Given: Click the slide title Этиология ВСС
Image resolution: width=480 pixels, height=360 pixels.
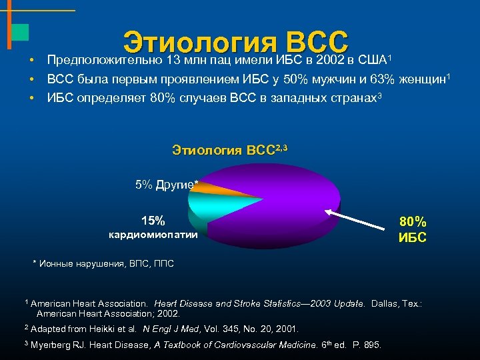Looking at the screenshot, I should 236,41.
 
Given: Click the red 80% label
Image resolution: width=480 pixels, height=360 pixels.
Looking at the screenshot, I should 413,222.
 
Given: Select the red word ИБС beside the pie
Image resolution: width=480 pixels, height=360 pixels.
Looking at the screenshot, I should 413,237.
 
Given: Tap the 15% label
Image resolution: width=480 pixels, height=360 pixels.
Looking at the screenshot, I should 153,221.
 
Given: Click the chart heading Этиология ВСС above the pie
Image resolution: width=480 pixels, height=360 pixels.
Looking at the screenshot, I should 227,149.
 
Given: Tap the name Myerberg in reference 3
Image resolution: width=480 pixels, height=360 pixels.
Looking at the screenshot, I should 55,345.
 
